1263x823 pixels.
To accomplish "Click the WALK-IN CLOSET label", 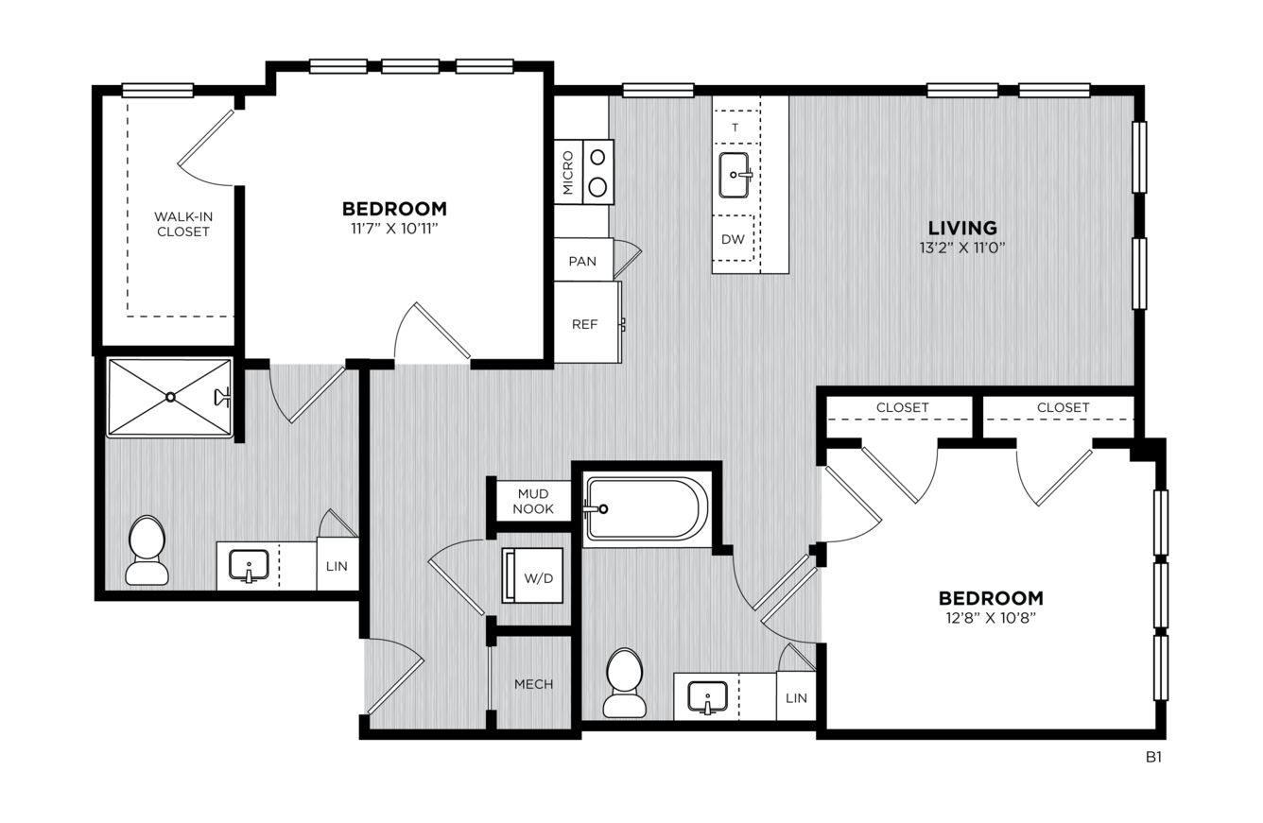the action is pos(182,224).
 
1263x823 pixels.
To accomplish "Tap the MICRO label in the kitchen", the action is pos(568,173).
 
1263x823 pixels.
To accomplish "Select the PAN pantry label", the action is pos(582,262).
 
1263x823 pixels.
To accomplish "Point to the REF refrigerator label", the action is pos(584,324).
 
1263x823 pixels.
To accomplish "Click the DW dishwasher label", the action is pos(733,239).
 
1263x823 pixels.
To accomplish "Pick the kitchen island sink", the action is pos(735,176).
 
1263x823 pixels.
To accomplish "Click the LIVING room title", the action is pos(962,228).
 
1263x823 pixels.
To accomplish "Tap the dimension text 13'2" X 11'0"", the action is pos(962,248).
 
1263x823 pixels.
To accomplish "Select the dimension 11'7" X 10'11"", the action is pos(394,229).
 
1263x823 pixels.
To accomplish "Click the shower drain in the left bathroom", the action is pos(170,398).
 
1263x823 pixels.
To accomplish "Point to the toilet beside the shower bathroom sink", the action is pos(147,550).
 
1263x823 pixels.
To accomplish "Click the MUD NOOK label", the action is pos(533,501).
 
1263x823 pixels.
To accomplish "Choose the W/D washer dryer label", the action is pos(539,578).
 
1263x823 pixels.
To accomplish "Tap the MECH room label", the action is pos(533,684).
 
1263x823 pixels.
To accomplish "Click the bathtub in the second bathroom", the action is pos(647,509).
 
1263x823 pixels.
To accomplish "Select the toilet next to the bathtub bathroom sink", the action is pos(624,682).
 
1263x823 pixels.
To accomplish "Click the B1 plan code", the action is pos(1153,757).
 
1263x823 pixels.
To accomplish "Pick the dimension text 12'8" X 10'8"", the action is pos(991,618).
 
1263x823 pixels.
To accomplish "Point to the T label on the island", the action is pos(735,128).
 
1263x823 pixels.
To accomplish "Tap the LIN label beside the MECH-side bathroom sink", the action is pos(796,698).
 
